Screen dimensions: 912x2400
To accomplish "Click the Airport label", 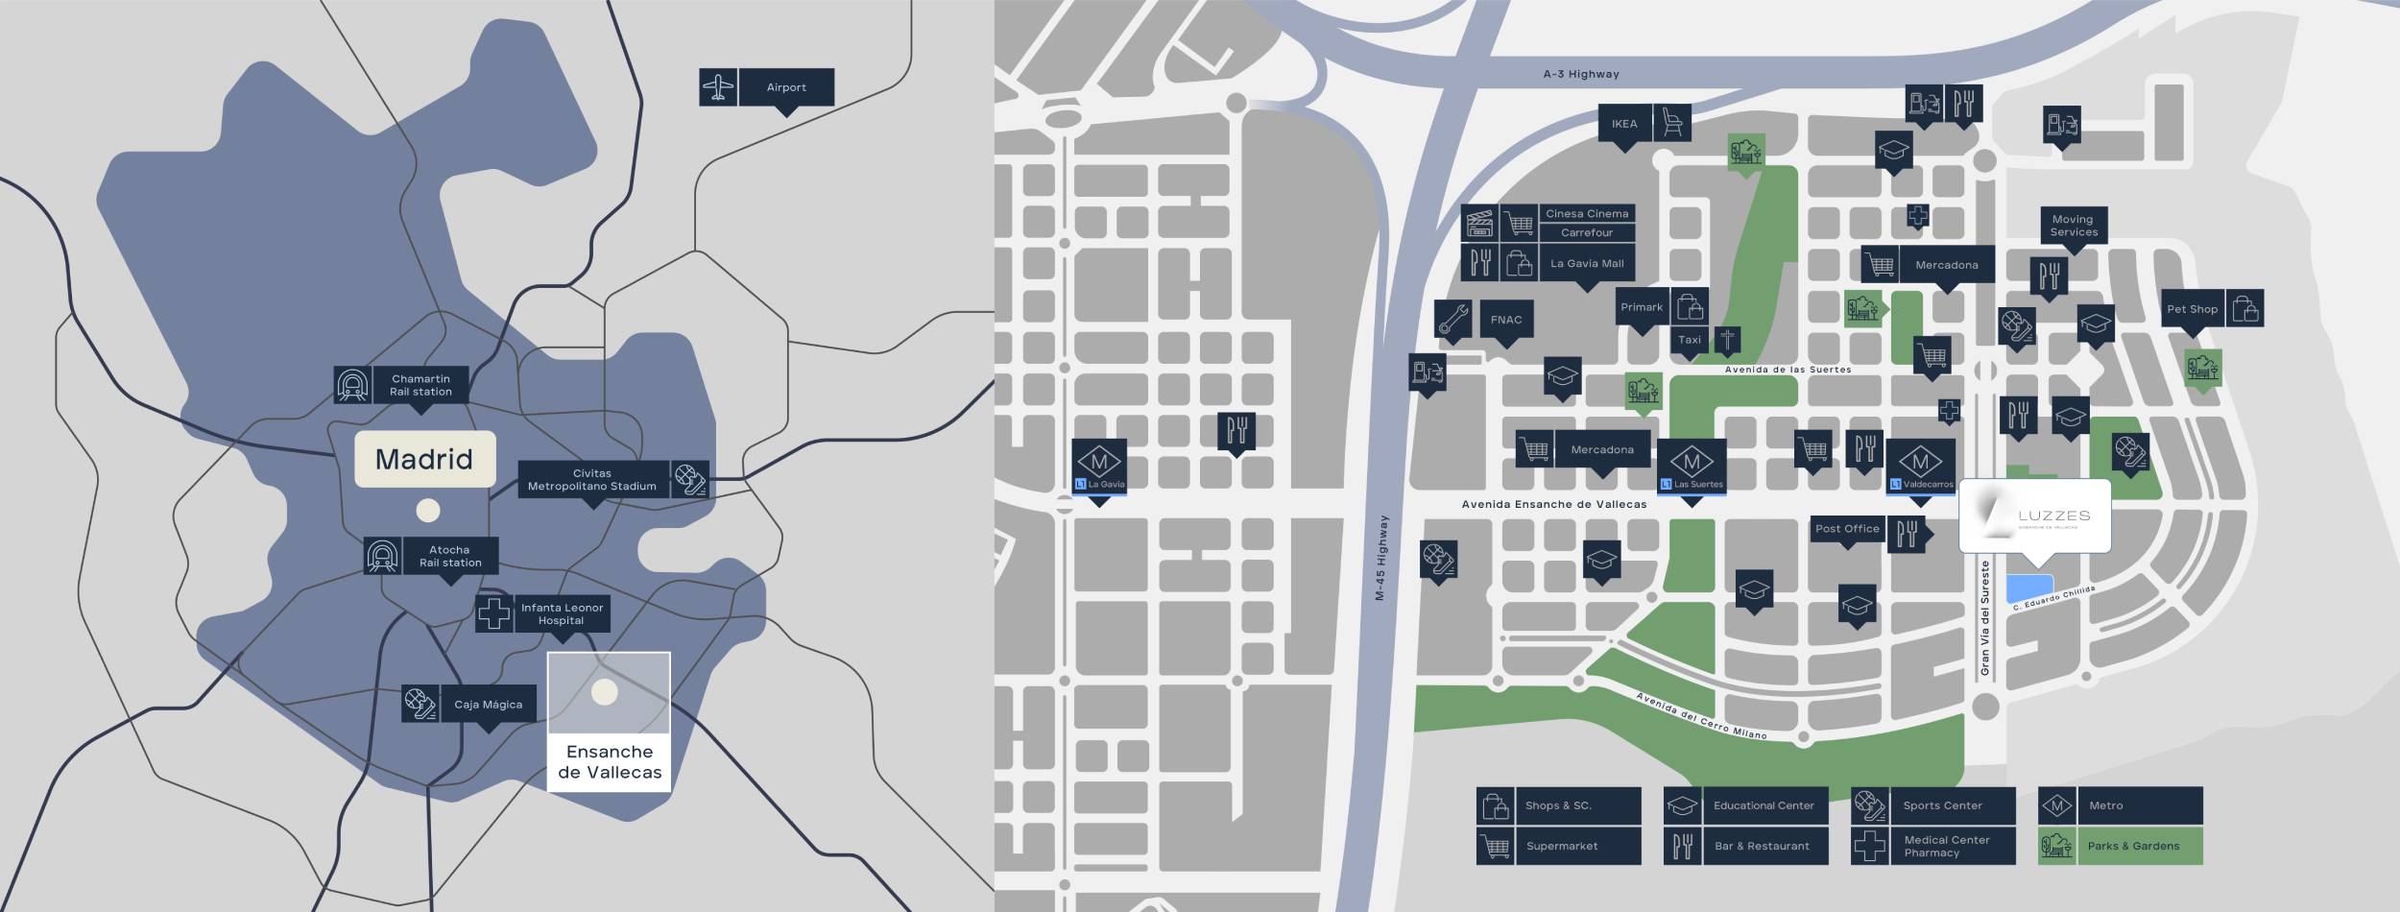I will [x=786, y=87].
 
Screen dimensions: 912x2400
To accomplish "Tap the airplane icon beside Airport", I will [x=718, y=87].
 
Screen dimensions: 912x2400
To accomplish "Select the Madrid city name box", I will [x=424, y=459].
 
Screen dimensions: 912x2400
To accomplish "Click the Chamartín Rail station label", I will [x=420, y=385].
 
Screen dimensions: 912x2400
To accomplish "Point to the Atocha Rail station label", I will [x=449, y=557].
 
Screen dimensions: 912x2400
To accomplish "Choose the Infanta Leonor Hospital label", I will [x=562, y=613].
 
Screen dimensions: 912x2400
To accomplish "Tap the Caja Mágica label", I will [x=488, y=705].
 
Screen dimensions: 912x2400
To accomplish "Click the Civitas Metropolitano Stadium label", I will [x=592, y=480].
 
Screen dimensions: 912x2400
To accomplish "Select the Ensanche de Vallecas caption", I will [x=610, y=762].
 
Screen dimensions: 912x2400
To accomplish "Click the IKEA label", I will [x=1624, y=124].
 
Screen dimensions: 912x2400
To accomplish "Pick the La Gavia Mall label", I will [x=1587, y=263].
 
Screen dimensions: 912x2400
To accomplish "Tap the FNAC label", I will [x=1506, y=320].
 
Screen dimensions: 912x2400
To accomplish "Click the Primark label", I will [x=1642, y=307].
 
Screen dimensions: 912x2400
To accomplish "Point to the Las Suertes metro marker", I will [x=1692, y=467].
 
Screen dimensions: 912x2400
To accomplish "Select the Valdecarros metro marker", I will [x=1920, y=468].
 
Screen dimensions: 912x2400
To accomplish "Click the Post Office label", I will [x=1847, y=529].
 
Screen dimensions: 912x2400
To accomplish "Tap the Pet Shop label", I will [x=2193, y=309].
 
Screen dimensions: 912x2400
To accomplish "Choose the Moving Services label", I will [x=2074, y=226].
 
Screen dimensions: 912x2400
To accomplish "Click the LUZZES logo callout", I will [x=2034, y=516].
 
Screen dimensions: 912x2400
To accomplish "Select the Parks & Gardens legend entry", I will [x=2120, y=846].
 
